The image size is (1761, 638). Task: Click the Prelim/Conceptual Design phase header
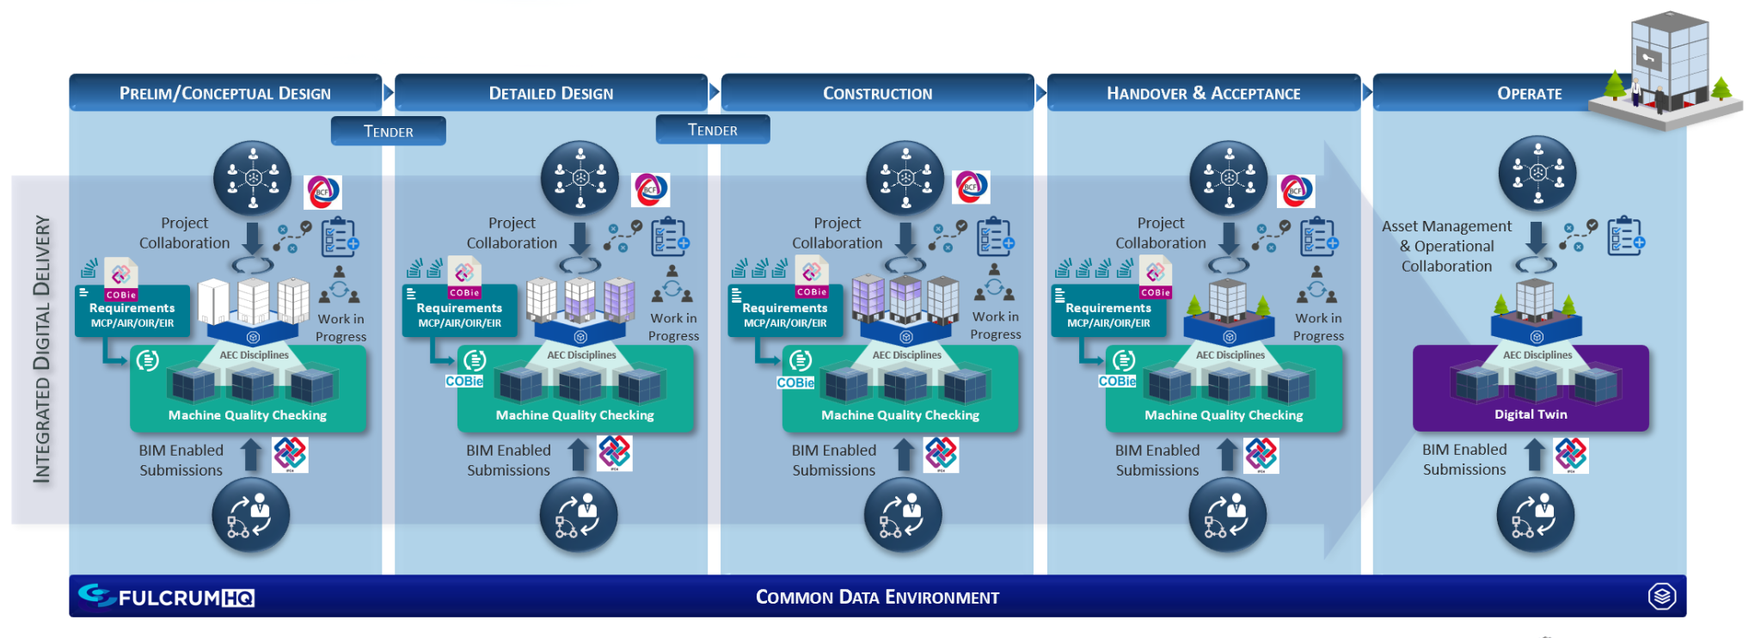coord(224,93)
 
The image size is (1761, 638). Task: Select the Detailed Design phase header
coord(550,93)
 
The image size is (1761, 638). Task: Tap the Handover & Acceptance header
coord(1203,93)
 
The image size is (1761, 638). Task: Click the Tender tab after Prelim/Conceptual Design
coord(388,132)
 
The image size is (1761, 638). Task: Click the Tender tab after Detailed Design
coord(712,130)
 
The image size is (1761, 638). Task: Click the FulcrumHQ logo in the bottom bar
coord(167,597)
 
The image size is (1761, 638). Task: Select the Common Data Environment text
coord(877,597)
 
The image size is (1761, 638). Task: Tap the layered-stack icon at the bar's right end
coord(1661,596)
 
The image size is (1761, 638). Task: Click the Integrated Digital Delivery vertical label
coord(41,348)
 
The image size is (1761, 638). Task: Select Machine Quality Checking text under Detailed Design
coord(574,415)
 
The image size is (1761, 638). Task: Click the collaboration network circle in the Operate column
coord(1537,173)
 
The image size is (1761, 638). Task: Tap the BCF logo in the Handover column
coord(1296,190)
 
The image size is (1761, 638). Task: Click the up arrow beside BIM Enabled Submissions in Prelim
coord(251,455)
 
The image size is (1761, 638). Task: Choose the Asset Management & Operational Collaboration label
coord(1446,246)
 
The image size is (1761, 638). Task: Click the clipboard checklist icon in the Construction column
coord(995,236)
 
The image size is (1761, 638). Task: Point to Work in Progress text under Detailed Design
coord(673,327)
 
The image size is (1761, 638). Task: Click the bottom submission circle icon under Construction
coord(903,515)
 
